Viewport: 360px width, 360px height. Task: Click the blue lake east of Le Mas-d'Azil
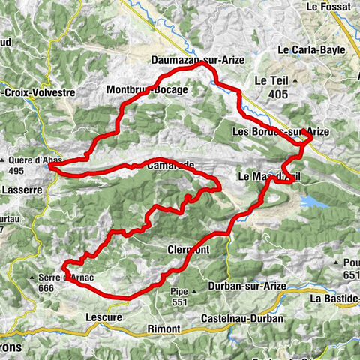(313, 202)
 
